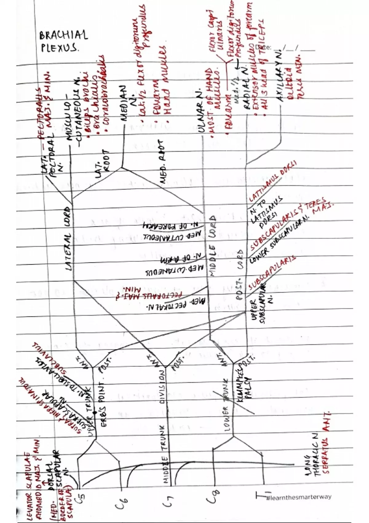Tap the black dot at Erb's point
[x=95, y=412]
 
